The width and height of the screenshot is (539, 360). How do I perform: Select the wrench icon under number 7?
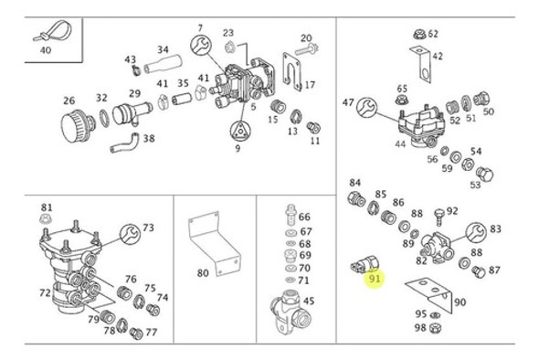200,46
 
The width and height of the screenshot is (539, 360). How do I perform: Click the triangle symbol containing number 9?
237,148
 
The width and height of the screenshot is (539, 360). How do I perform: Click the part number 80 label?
202,272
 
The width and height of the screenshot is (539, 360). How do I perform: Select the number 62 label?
432,34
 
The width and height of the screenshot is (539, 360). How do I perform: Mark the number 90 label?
459,302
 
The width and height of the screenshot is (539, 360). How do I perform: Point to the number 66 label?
304,217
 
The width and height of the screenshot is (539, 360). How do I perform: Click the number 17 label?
310,85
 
